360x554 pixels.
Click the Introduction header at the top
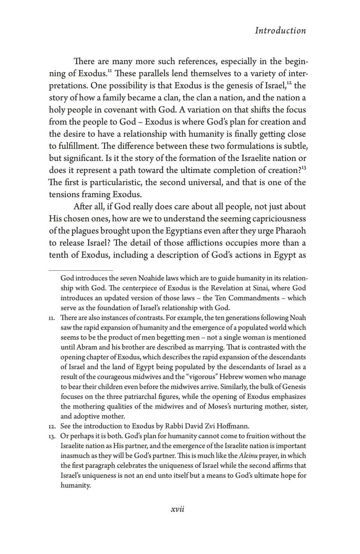280,31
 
